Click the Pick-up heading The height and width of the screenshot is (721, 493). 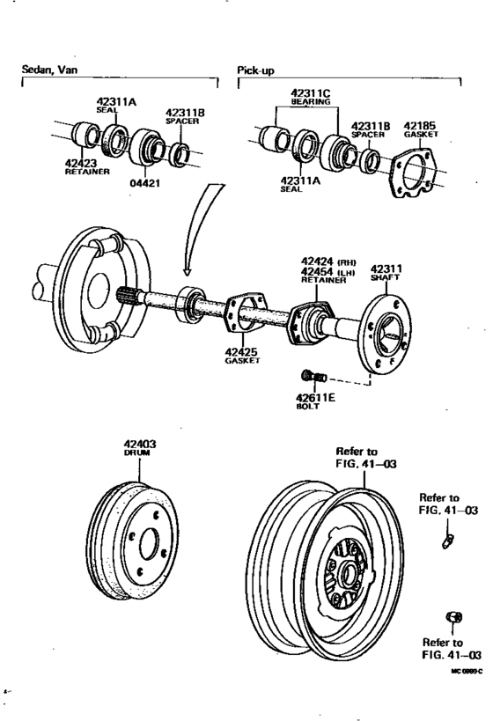256,70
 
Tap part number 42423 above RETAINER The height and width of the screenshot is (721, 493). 82,163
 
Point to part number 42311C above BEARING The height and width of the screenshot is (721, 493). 310,92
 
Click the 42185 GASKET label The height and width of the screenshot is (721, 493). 419,130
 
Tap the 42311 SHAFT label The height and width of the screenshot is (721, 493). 385,272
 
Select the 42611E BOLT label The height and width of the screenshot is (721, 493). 315,402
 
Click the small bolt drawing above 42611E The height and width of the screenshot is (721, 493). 317,378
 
